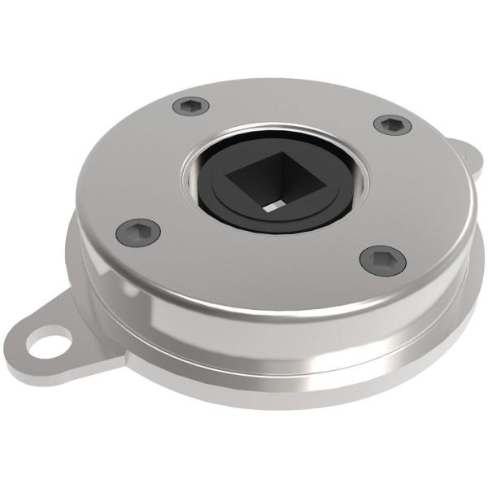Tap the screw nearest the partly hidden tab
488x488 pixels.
coord(392,124)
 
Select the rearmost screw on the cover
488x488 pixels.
coord(191,106)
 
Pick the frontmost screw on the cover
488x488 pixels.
coord(382,260)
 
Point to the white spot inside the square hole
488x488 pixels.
coord(271,207)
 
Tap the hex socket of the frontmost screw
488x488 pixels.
coord(382,260)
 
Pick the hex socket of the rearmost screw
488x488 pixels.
coord(191,106)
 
